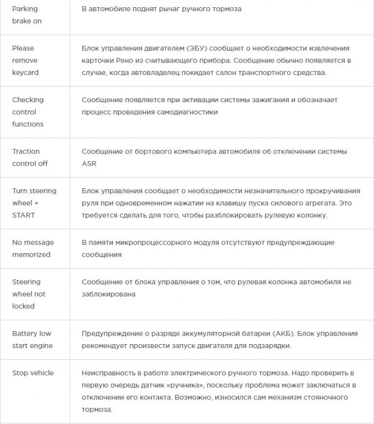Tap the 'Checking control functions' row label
point(28,112)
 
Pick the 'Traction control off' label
point(30,158)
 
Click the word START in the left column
point(23,215)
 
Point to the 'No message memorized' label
point(32,249)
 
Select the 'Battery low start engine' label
point(32,340)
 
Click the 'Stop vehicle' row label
point(33,373)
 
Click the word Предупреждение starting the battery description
point(113,334)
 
